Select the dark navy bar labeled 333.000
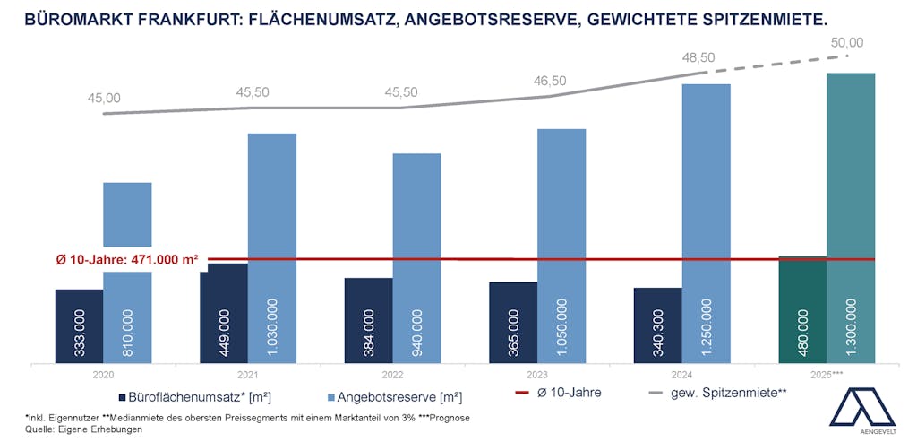[x=79, y=326]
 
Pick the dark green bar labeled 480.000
[x=802, y=310]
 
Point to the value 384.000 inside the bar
[x=369, y=333]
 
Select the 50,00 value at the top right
[x=846, y=42]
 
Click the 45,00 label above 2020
[x=104, y=99]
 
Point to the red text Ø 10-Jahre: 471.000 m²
[x=127, y=260]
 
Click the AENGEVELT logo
[x=861, y=412]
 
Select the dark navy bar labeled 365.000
[x=513, y=324]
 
